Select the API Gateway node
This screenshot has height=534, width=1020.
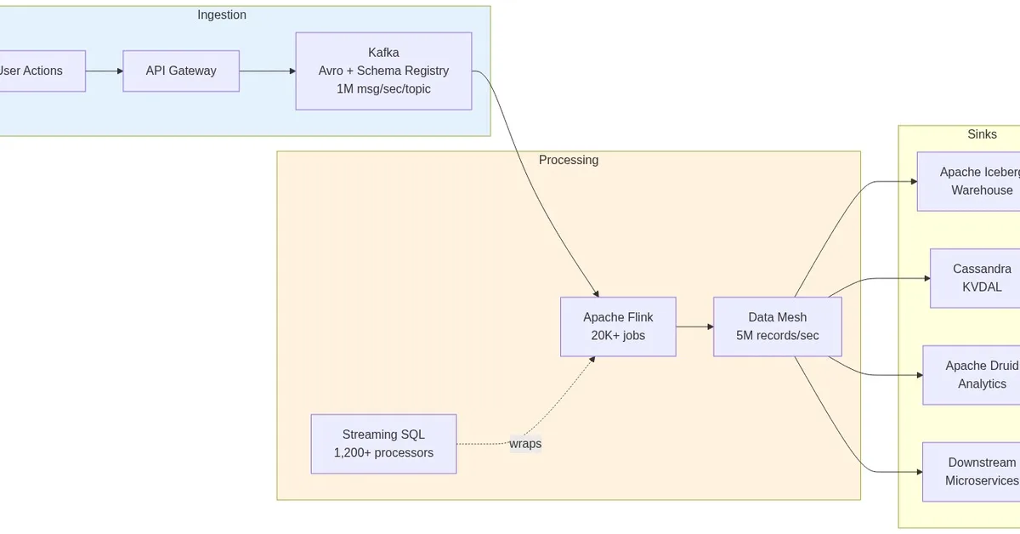[181, 71]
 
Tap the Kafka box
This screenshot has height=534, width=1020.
[383, 71]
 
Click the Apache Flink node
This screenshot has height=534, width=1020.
[618, 327]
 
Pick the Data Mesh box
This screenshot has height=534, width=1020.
[777, 327]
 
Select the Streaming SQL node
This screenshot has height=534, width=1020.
[383, 444]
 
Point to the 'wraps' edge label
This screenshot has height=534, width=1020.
[525, 444]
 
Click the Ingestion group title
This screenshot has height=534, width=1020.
[222, 14]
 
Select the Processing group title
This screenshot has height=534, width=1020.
[569, 160]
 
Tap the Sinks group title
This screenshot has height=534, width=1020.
[982, 134]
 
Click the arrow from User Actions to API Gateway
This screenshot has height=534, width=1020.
[105, 71]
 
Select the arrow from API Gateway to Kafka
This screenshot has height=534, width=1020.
[267, 71]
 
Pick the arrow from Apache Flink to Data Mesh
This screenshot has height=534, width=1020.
[694, 327]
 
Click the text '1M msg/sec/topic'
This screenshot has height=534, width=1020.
[383, 89]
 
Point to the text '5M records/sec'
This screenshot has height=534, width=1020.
[777, 336]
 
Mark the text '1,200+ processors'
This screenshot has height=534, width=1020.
[383, 453]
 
